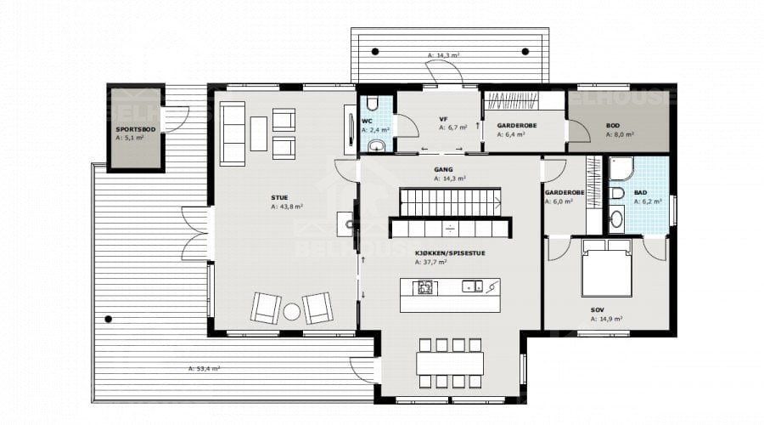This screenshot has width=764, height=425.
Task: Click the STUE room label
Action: tap(279, 197)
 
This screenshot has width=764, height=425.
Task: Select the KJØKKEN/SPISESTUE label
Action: tap(450, 253)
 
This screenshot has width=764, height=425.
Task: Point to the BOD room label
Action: tap(612, 126)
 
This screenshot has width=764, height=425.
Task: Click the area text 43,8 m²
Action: tap(287, 207)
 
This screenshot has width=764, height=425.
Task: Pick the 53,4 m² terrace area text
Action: tap(204, 369)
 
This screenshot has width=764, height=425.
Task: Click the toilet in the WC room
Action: tap(373, 103)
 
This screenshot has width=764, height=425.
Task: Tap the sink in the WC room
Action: tap(375, 145)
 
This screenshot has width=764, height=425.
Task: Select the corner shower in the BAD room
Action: tap(621, 168)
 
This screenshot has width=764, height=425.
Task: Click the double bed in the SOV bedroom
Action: tap(607, 268)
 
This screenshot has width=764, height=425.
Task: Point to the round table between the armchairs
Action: tap(291, 312)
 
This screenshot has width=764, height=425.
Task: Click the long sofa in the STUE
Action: tap(233, 133)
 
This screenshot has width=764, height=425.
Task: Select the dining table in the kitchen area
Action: tap(450, 364)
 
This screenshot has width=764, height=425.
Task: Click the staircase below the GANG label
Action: tap(450, 202)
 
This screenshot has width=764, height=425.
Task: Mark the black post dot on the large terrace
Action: tap(108, 319)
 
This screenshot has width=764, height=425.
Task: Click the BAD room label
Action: tap(640, 193)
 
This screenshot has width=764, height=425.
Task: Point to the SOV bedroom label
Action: tap(598, 310)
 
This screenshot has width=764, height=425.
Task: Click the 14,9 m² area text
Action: tap(606, 319)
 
